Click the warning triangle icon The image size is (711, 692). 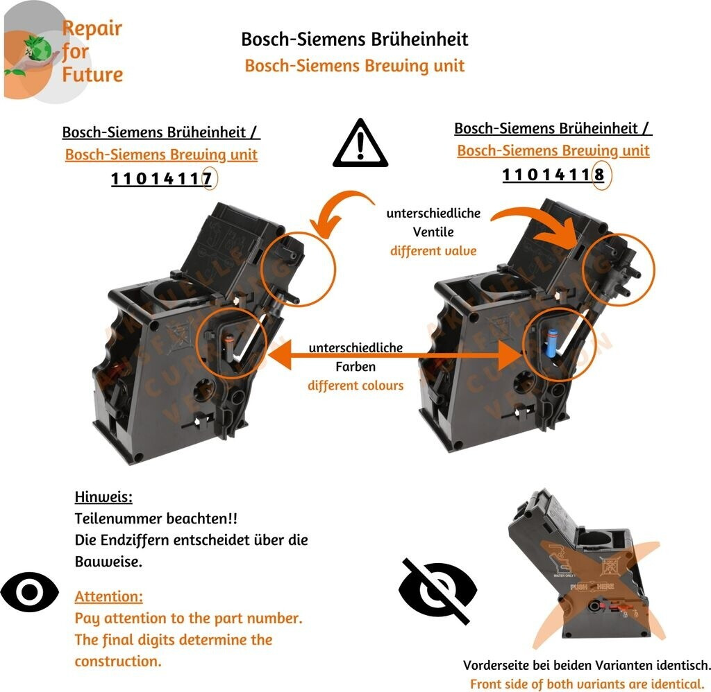coord(359,144)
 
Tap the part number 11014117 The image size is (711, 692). coord(161,180)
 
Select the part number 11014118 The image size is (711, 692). coord(553,175)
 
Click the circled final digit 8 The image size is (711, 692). coord(599,175)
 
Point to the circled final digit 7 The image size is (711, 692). coord(206,180)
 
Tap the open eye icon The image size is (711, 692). coord(30,591)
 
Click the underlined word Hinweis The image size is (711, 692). coord(103,497)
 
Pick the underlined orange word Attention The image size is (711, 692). coord(109,596)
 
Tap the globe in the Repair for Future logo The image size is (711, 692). coord(37,50)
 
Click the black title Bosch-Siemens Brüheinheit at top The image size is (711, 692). coord(354,39)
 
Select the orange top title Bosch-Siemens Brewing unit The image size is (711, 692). coord(354,66)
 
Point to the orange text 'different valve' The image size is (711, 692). coord(433,250)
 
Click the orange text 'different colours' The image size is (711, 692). coord(355,385)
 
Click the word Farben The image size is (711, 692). coord(355,366)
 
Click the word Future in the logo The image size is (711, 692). coord(92,74)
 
